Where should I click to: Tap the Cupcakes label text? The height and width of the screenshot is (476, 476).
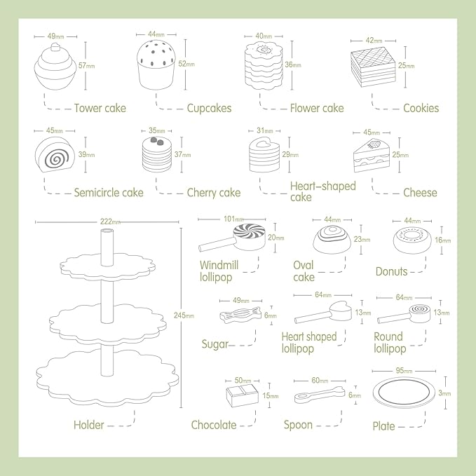point(209,108)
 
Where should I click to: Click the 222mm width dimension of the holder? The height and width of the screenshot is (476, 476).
point(106,222)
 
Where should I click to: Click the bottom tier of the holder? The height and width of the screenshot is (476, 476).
point(107,372)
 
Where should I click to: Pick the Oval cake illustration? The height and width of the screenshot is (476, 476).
point(331,239)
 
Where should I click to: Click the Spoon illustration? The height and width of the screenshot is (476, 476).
point(319,395)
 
